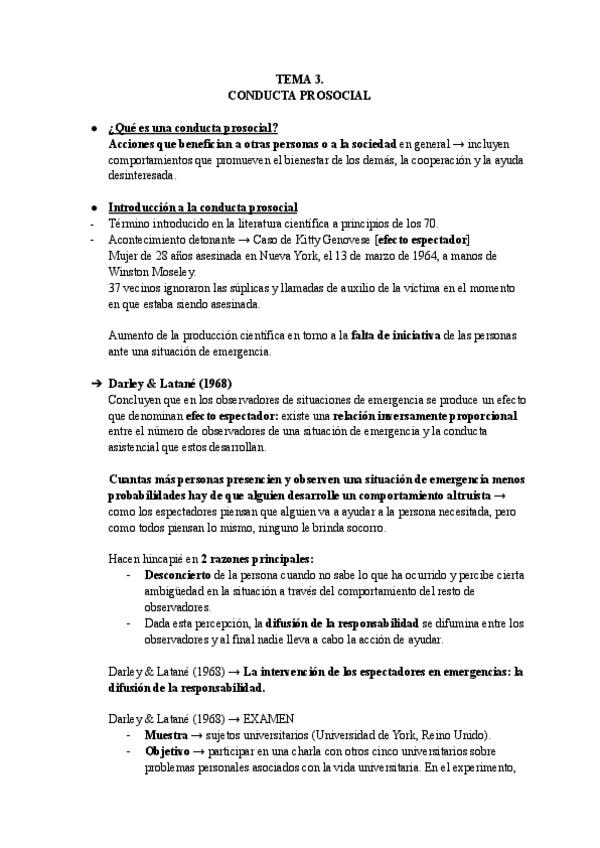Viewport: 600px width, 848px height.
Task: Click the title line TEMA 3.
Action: (x=300, y=78)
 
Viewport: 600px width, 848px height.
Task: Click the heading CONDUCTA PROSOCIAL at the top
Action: (x=300, y=95)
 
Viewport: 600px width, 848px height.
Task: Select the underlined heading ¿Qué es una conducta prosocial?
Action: (x=192, y=128)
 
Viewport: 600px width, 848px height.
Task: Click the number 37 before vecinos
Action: (x=114, y=287)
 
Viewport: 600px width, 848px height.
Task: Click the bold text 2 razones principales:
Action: (x=257, y=559)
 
